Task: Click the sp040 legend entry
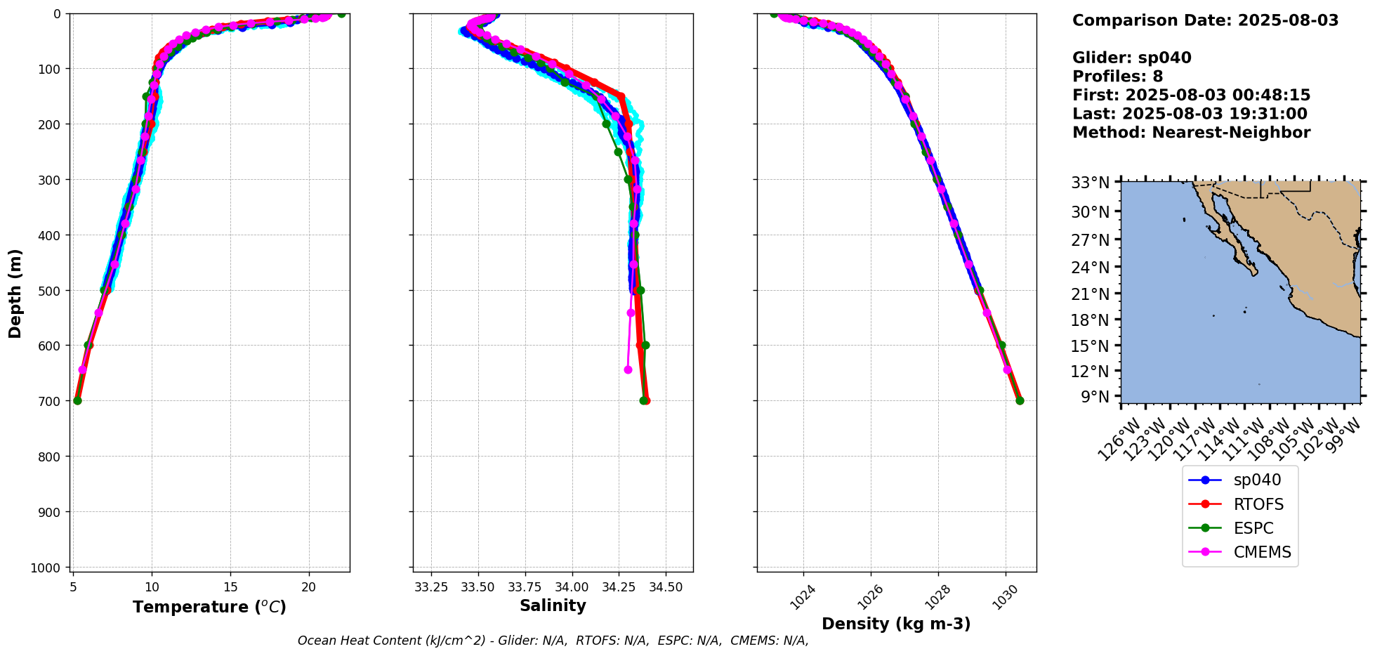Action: [x=1257, y=480]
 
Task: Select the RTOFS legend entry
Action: [x=1258, y=504]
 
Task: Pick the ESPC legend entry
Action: [x=1253, y=528]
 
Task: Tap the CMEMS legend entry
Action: [x=1262, y=552]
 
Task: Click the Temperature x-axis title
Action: [x=209, y=607]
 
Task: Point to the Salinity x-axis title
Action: [x=553, y=605]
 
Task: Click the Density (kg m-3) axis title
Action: [x=896, y=624]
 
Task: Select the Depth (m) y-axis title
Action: [x=15, y=293]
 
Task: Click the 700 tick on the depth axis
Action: [x=52, y=401]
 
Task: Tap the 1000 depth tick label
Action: [x=48, y=568]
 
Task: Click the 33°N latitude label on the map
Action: [x=1090, y=183]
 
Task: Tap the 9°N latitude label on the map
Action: [x=1094, y=398]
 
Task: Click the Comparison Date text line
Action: [x=1205, y=20]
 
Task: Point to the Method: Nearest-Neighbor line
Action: [x=1191, y=133]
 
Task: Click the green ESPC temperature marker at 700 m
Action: [x=77, y=400]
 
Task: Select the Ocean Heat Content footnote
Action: [x=553, y=641]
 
